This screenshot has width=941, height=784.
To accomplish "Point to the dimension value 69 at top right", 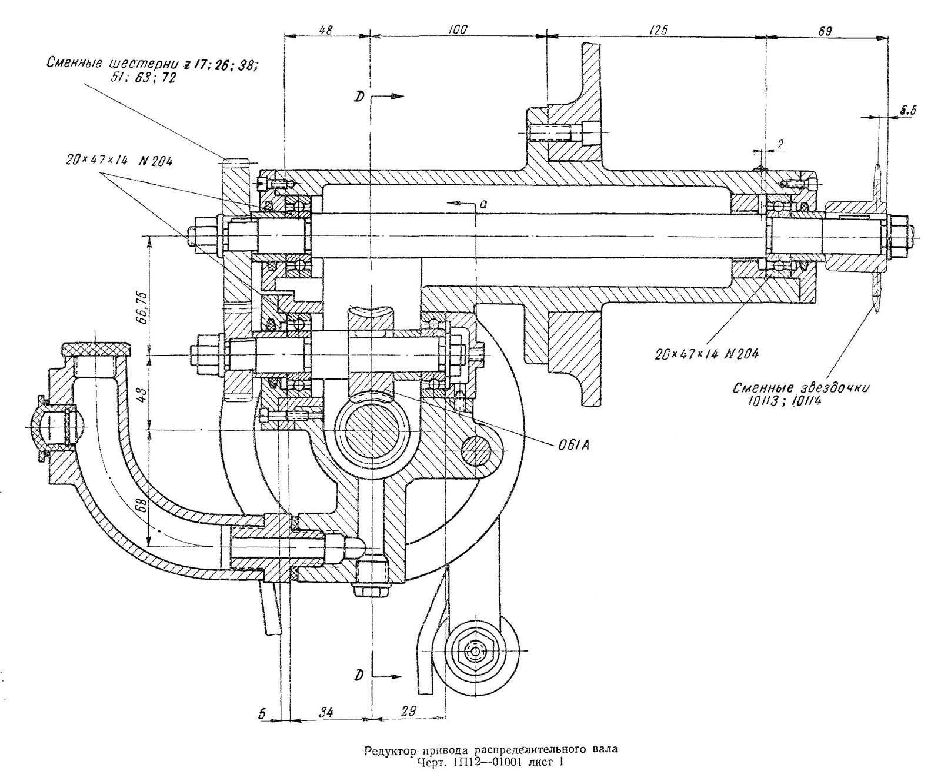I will click(825, 31).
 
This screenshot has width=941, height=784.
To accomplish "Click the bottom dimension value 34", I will click(326, 713).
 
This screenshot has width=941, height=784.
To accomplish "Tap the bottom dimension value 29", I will click(407, 712).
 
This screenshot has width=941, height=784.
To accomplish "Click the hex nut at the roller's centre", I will click(474, 650).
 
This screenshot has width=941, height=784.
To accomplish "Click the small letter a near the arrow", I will click(482, 204).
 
